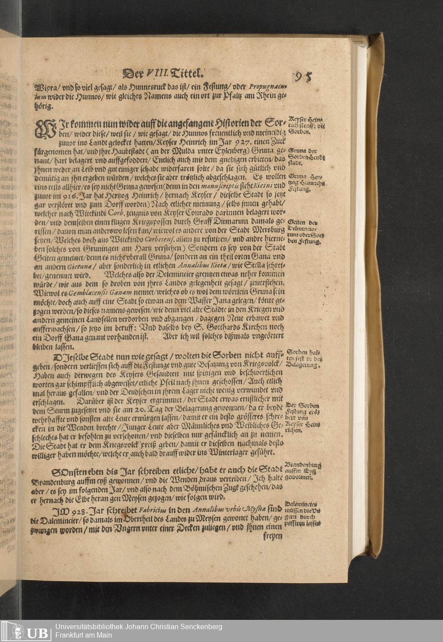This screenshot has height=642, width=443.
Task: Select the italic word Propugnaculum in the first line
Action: (x=268, y=87)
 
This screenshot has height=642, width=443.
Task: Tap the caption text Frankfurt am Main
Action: (x=84, y=635)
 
